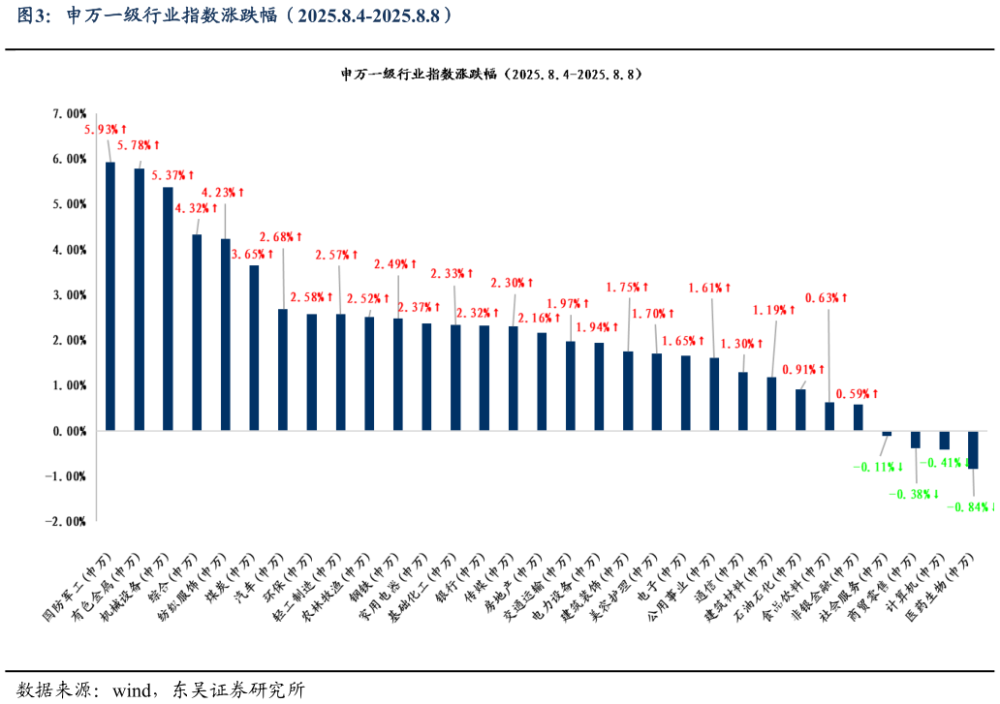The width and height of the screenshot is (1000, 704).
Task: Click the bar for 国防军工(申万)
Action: coord(110,296)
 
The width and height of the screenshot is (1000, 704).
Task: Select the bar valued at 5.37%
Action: coord(168,309)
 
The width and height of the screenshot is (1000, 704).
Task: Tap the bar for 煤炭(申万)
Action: coord(254,348)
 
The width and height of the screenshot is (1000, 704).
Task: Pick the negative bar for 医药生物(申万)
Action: coord(973,449)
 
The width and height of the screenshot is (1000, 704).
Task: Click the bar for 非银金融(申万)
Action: coord(829,416)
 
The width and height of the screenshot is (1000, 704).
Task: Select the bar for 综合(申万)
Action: coord(197,332)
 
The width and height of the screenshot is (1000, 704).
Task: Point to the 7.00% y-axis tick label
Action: coord(69,113)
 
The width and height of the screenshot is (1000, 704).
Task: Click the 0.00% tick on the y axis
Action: coord(69,431)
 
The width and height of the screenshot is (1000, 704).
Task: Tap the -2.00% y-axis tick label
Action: coord(67,521)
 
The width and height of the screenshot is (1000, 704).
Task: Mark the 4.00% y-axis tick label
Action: coord(69,250)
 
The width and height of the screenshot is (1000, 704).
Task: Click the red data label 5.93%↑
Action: coord(106,129)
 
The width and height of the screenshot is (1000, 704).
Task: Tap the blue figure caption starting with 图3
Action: coord(233,15)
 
